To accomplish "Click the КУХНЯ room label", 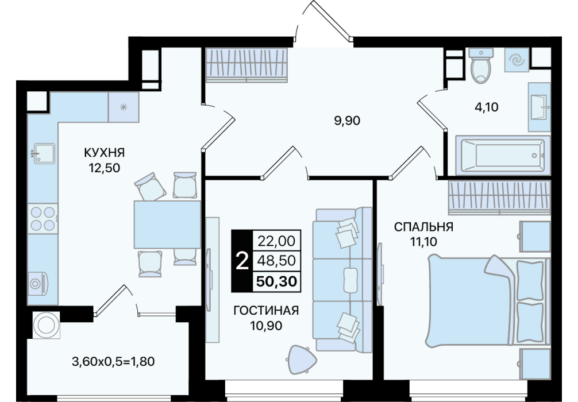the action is [x=105, y=153].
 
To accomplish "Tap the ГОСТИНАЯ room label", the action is [x=266, y=311].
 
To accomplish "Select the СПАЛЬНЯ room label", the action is [x=423, y=227].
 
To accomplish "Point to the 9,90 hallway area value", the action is [x=347, y=121].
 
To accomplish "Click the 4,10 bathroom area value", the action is [x=486, y=107].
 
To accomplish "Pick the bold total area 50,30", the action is [x=276, y=281].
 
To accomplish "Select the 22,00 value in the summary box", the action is [x=276, y=241].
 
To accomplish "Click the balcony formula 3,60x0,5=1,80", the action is [x=113, y=361].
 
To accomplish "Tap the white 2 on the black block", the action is [x=242, y=261].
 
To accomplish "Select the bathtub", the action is [x=503, y=155].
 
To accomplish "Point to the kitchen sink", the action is [x=43, y=153].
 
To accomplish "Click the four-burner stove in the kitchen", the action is [x=43, y=218].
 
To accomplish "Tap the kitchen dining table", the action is [x=167, y=225].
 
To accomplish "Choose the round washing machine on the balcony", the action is [x=47, y=325].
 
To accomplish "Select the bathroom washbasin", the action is [x=539, y=107].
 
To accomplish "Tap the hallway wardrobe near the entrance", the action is [x=246, y=65].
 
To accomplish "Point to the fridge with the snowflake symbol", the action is [x=124, y=107].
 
